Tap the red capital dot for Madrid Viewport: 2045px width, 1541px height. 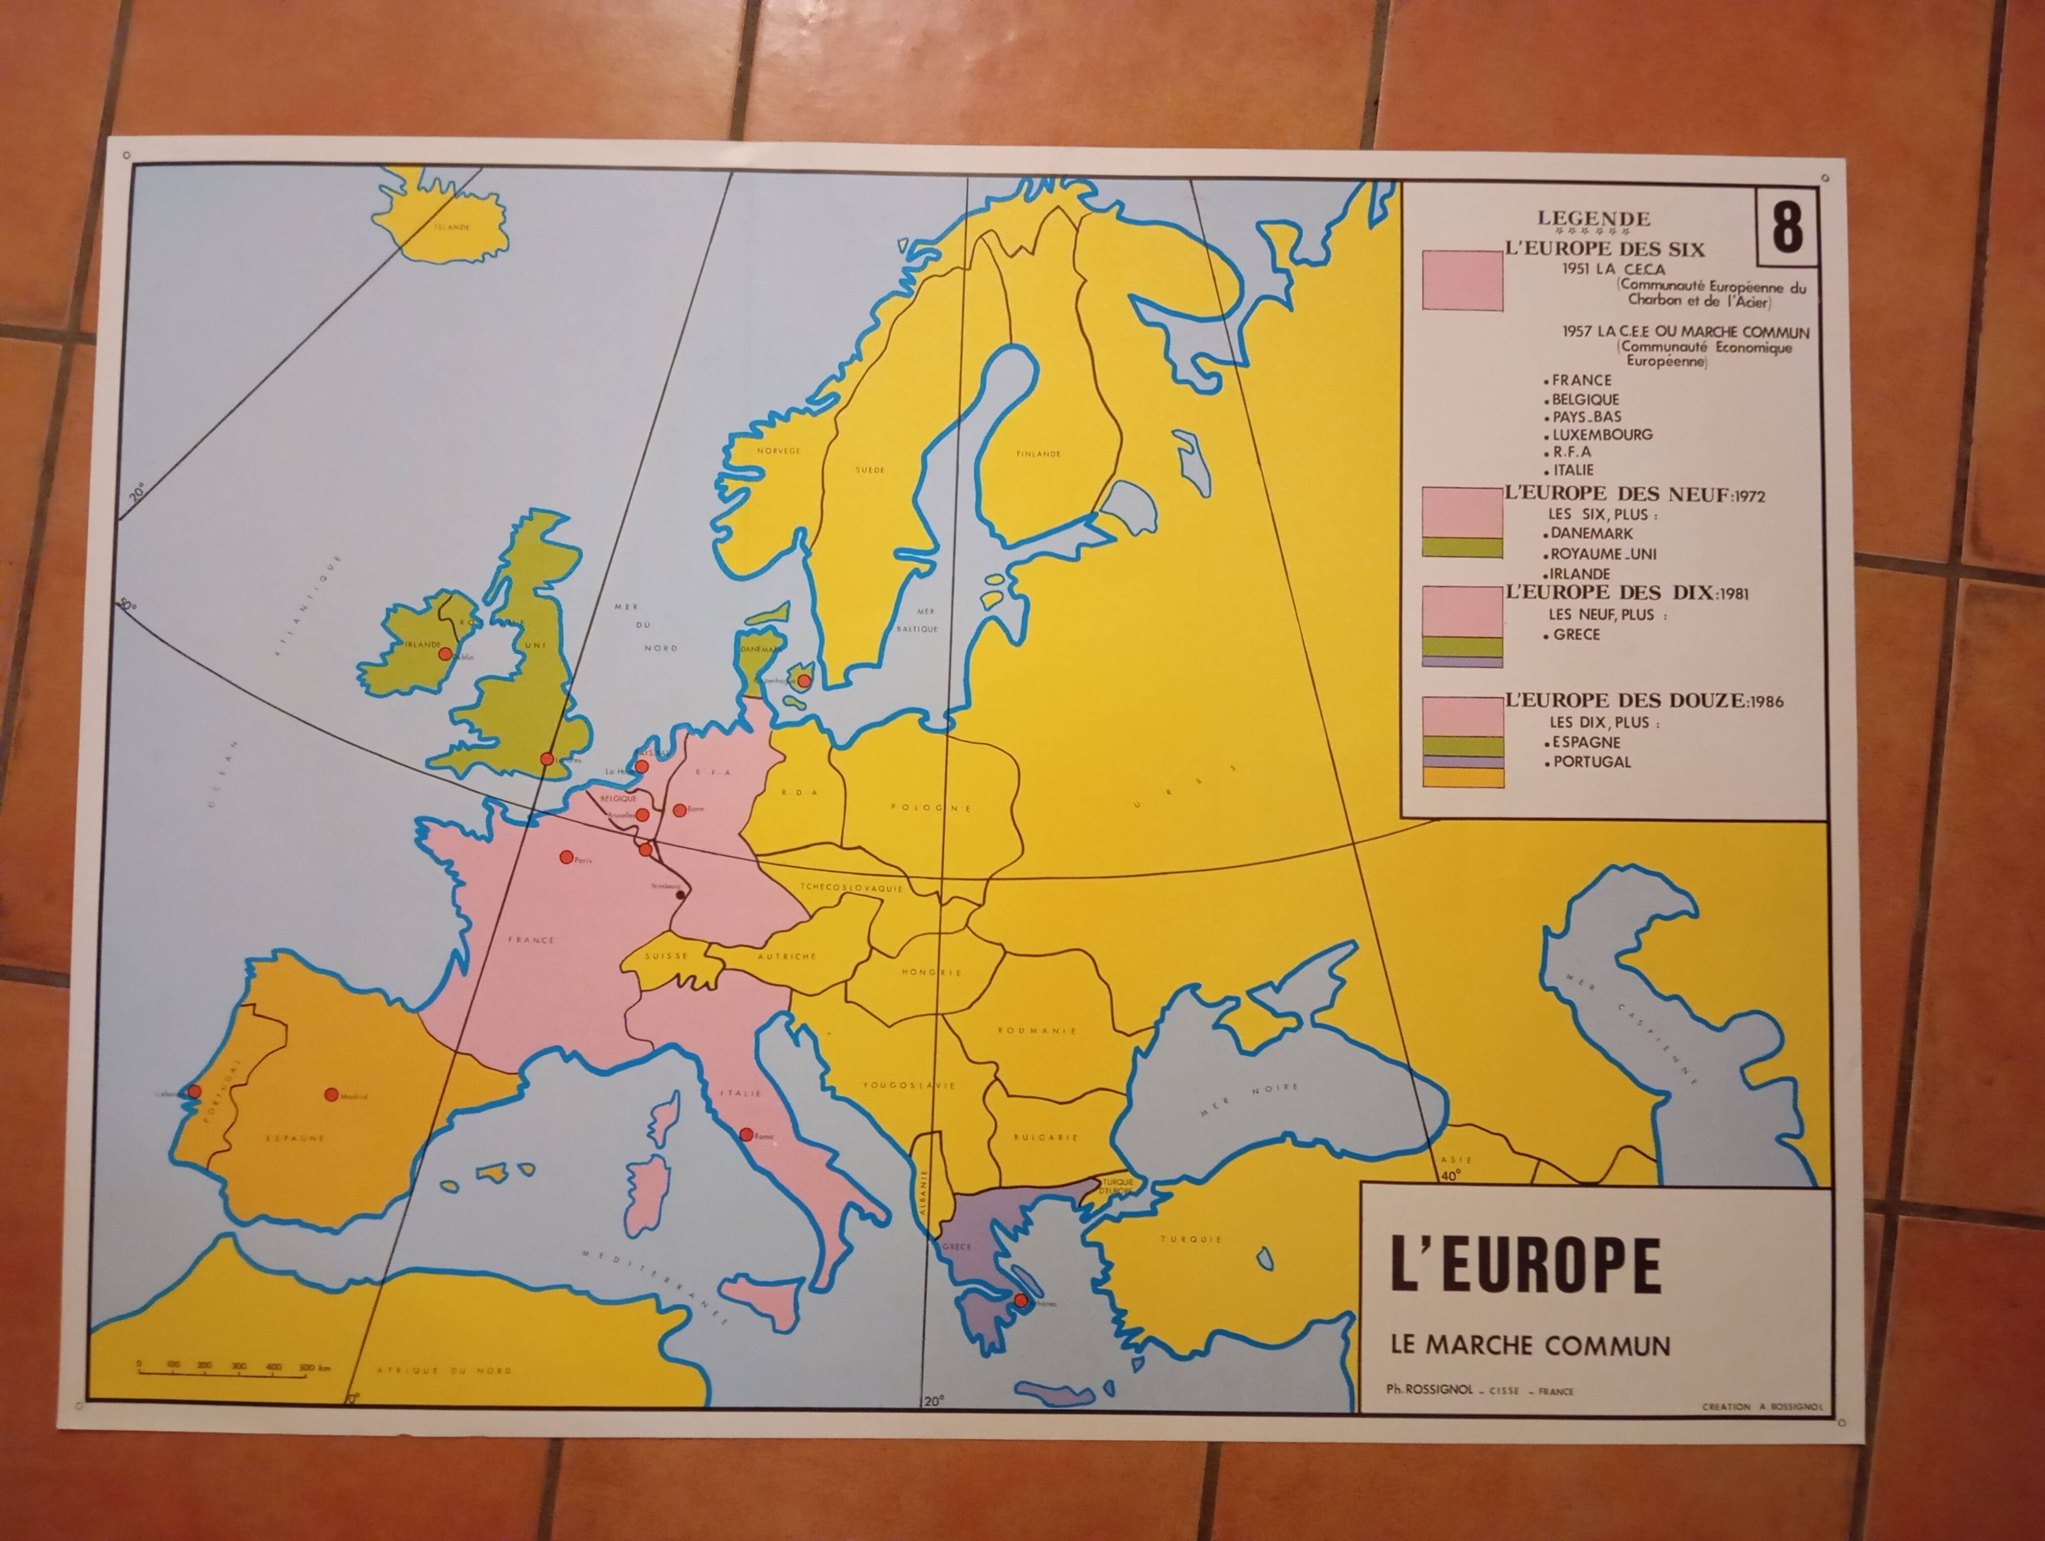tap(331, 1094)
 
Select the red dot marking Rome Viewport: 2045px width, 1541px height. tap(746, 1134)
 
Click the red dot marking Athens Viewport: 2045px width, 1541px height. tap(1020, 1301)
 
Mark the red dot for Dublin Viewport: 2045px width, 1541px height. tap(445, 654)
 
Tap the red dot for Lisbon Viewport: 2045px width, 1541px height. tap(194, 1091)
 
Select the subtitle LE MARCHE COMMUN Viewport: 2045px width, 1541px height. tap(1530, 1346)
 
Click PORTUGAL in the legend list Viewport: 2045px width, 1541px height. tap(1591, 762)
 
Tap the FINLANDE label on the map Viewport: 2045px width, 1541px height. tap(1038, 454)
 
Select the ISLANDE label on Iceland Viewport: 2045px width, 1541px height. tap(452, 227)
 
